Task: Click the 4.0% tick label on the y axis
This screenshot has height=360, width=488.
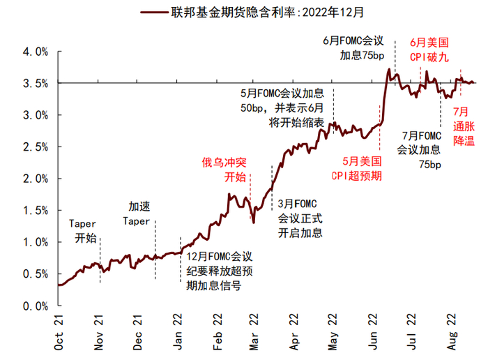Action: pyautogui.click(x=35, y=52)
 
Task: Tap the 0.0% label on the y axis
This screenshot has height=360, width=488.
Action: pyautogui.click(x=35, y=306)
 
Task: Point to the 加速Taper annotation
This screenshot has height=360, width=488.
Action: pyautogui.click(x=137, y=213)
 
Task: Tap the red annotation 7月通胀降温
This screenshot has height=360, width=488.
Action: pyautogui.click(x=463, y=126)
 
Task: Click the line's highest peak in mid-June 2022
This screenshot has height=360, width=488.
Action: pyautogui.click(x=388, y=70)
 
